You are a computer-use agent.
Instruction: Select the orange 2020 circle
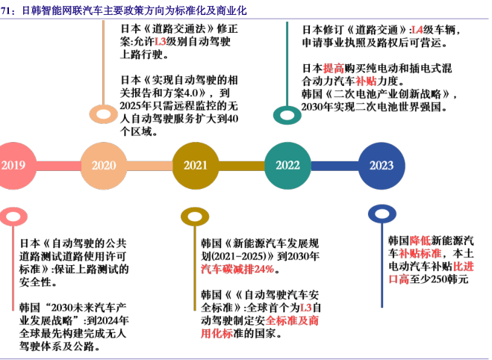[x=103, y=166]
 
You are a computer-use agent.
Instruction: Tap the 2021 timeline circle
[x=196, y=166]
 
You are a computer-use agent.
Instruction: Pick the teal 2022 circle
[x=287, y=166]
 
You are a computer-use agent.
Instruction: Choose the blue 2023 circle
[x=381, y=166]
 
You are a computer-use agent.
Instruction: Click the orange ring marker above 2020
[x=103, y=114]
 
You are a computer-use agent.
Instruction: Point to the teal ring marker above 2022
[x=287, y=114]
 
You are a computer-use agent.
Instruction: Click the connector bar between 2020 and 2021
[x=149, y=166]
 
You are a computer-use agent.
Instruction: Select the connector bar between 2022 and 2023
[x=334, y=166]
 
